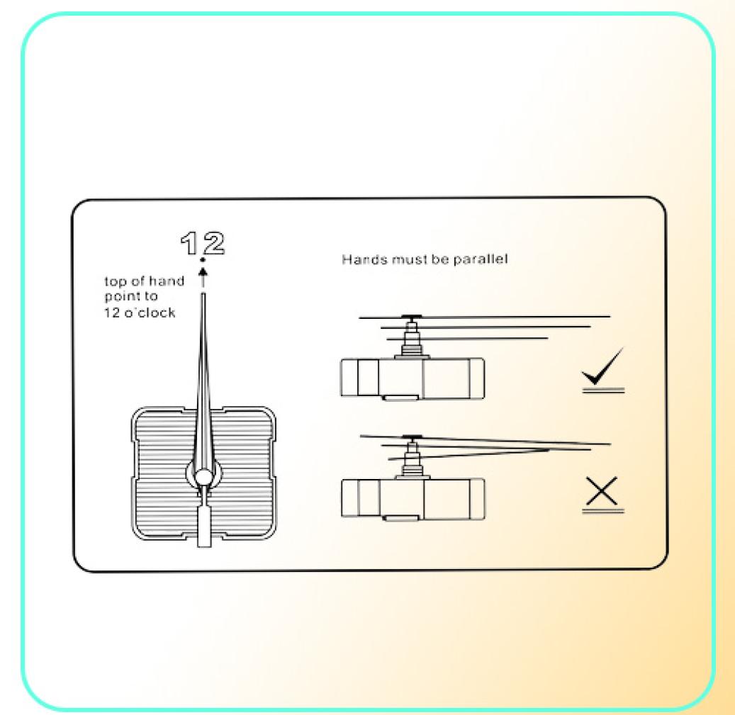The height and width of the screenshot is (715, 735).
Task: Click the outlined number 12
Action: [x=203, y=243]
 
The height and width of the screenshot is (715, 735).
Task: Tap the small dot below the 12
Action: [x=203, y=259]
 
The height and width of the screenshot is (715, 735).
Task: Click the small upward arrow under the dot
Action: [x=203, y=277]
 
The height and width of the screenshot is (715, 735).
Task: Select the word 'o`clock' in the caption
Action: [x=150, y=313]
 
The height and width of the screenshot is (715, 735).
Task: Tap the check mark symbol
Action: [x=602, y=366]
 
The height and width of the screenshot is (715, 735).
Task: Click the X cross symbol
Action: [x=602, y=491]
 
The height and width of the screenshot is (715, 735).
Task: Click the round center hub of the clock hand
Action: [x=203, y=476]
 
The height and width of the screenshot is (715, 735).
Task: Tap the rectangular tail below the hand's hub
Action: [x=204, y=525]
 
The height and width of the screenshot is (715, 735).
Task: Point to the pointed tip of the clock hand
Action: [x=203, y=294]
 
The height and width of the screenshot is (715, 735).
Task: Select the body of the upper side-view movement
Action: [x=412, y=378]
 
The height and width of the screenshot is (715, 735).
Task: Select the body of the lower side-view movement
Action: [x=413, y=499]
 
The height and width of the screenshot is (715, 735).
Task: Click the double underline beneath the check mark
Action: [x=603, y=390]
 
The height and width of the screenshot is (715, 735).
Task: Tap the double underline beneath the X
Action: [x=602, y=510]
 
